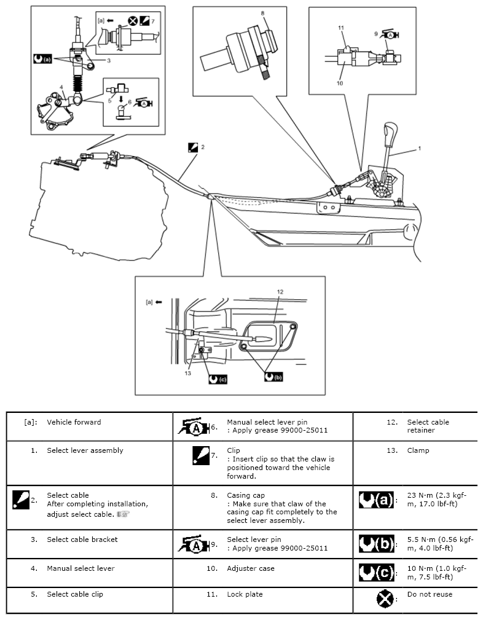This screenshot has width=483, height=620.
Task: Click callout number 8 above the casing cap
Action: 262,12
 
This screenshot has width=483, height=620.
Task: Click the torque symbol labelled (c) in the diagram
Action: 218,379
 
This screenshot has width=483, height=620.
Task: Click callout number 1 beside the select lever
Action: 420,149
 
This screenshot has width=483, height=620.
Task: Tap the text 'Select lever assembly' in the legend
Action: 85,450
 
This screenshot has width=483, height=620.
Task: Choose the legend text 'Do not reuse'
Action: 430,594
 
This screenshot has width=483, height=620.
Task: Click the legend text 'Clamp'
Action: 418,450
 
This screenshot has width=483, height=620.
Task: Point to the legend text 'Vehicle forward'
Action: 74,422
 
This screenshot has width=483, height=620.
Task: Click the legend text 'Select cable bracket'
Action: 82,540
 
